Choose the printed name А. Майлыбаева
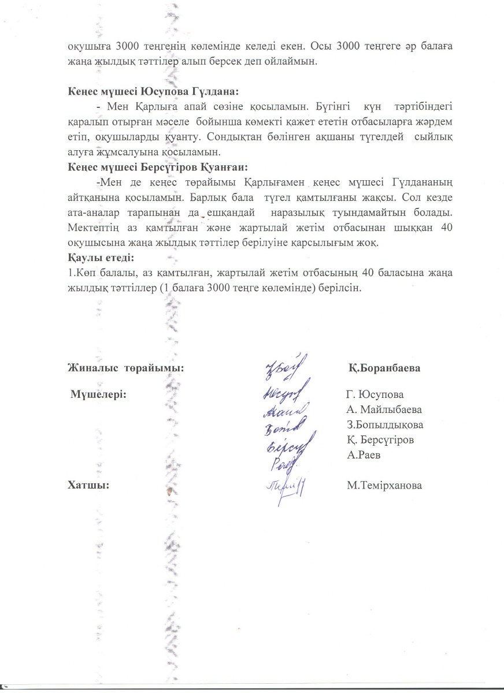[x=384, y=410]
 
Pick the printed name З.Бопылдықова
[x=385, y=425]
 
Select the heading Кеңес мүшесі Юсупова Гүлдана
[x=153, y=92]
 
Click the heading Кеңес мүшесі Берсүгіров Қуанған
[x=157, y=167]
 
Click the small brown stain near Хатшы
[x=170, y=491]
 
